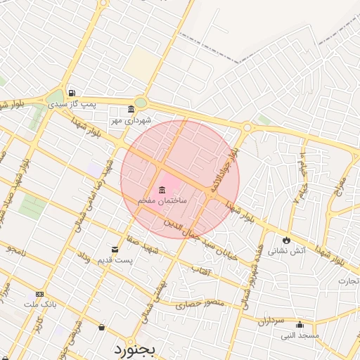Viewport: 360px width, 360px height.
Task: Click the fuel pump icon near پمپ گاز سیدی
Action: tap(72, 93)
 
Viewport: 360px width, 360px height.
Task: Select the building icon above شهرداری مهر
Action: tap(131, 109)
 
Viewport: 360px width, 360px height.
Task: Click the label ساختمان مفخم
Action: tap(162, 201)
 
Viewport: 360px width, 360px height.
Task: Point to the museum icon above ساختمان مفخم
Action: tap(162, 190)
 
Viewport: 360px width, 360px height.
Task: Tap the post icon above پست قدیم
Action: tap(115, 249)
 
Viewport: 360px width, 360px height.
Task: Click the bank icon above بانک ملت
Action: tap(39, 294)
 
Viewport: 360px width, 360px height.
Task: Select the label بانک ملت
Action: tap(39, 304)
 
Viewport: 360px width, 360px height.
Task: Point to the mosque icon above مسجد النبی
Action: tap(300, 325)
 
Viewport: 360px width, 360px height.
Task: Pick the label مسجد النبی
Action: tap(300, 335)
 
